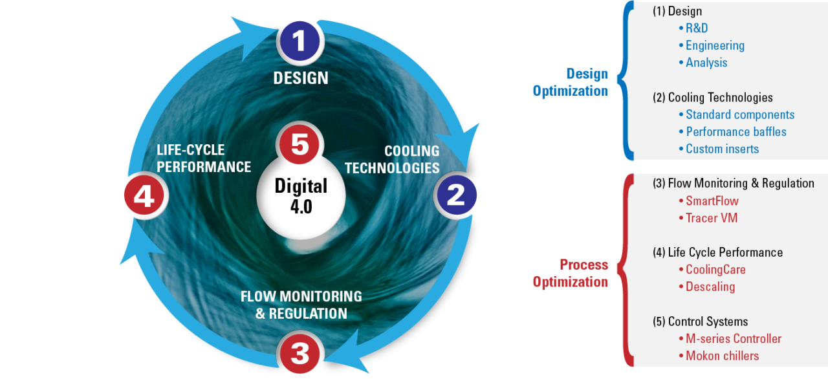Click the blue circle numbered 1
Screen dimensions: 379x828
point(300,41)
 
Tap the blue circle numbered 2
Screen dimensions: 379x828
point(456,195)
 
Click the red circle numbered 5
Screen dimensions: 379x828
point(300,144)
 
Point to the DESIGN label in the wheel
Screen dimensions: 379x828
point(301,78)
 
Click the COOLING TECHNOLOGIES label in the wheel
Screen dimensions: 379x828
point(393,160)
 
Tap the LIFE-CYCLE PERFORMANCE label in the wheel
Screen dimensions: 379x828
point(203,158)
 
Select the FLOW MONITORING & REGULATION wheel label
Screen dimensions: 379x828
point(301,305)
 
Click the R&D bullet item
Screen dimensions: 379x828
point(697,28)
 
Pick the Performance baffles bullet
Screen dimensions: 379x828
point(735,132)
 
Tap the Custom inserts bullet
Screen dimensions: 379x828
point(721,149)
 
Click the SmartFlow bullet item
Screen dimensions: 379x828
point(712,201)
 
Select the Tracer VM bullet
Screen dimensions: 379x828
point(711,218)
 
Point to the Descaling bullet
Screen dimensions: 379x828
point(710,287)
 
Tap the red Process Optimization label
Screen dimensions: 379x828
point(570,274)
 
